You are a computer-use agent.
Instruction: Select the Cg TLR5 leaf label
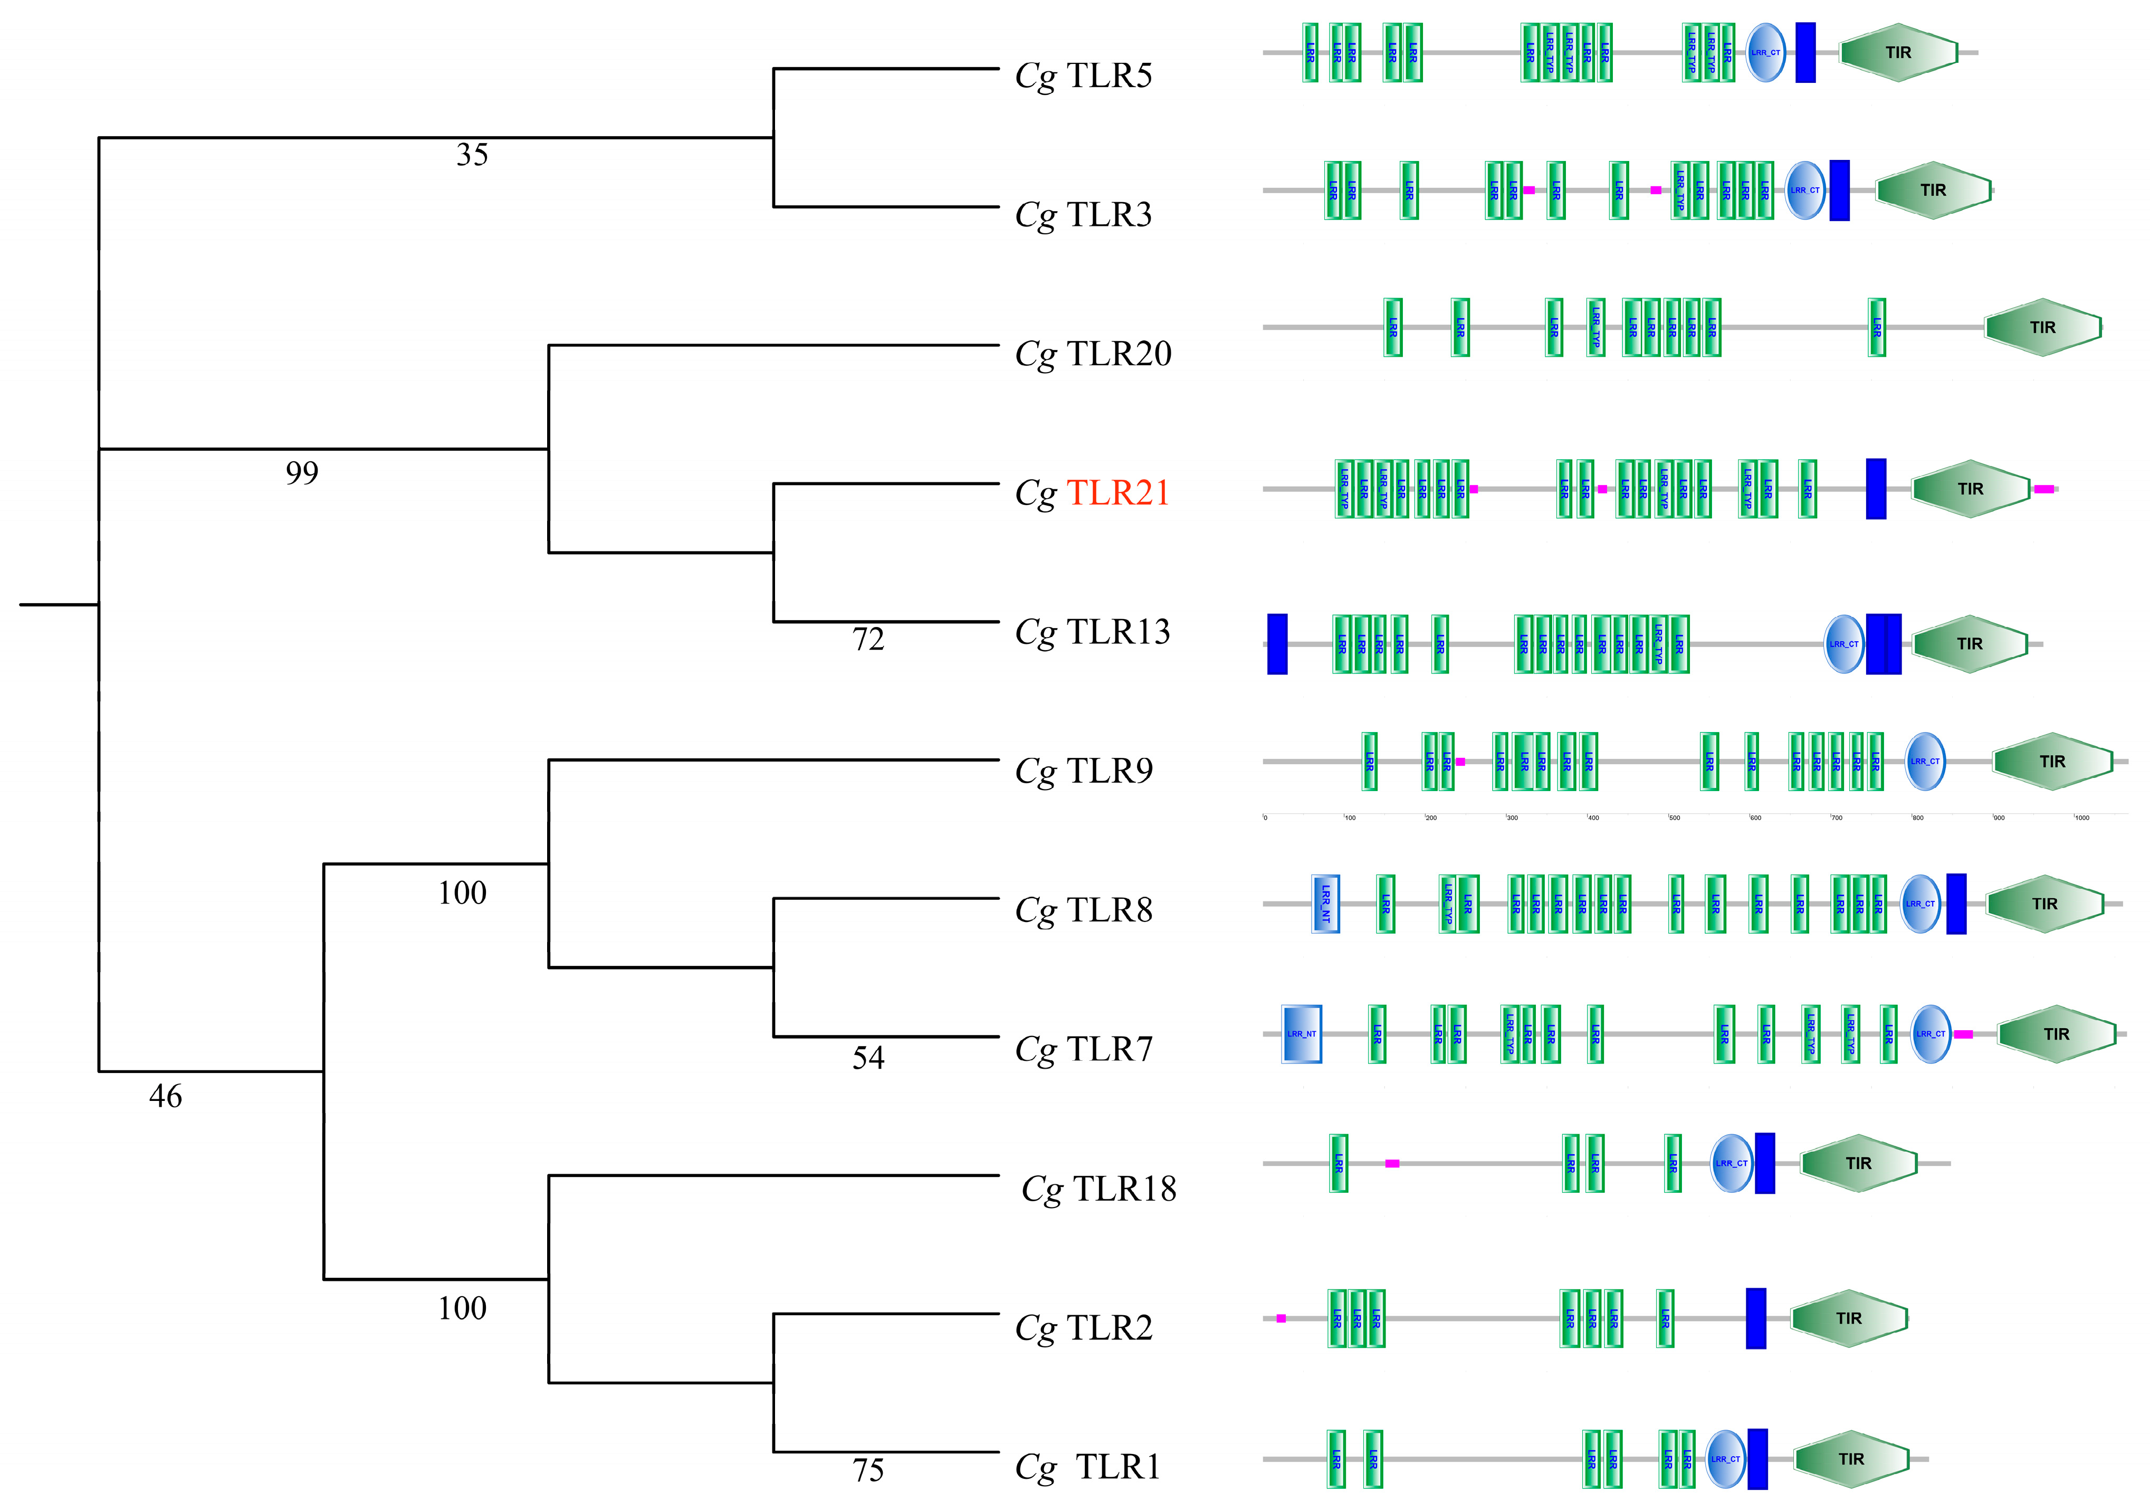(x=1083, y=75)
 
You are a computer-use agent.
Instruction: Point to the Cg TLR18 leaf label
(x=1098, y=1188)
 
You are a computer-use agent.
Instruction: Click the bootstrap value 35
(x=472, y=155)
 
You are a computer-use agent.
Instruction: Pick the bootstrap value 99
(x=301, y=473)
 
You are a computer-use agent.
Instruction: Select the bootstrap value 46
(x=166, y=1096)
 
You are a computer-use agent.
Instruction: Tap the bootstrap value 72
(x=868, y=639)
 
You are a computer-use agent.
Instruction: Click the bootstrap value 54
(x=868, y=1058)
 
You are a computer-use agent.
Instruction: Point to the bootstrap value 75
(x=868, y=1470)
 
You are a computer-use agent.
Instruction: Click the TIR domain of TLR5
(x=1898, y=52)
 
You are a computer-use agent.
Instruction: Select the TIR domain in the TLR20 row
(x=2042, y=327)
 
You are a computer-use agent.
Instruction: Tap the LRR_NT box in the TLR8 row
(x=1325, y=903)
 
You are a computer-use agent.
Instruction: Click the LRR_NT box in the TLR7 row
(x=1302, y=1033)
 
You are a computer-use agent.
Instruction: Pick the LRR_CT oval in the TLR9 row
(x=1925, y=761)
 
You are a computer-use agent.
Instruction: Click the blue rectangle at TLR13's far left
(x=1277, y=643)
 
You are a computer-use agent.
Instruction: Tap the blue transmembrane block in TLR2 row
(x=1756, y=1318)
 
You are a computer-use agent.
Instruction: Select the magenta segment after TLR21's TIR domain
(x=2043, y=489)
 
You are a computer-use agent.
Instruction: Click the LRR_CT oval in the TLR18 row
(x=1731, y=1163)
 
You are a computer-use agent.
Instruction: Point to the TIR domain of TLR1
(x=1851, y=1459)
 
